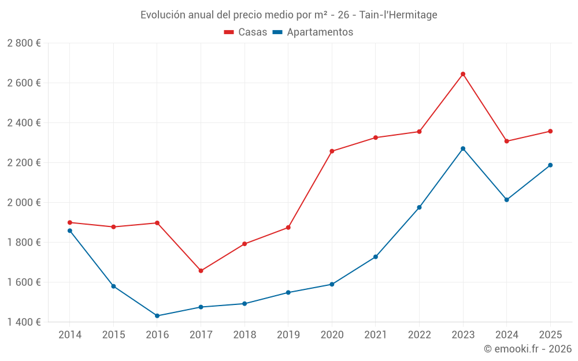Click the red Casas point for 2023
click(463, 74)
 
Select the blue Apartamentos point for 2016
click(157, 316)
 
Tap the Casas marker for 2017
click(201, 271)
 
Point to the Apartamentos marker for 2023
click(463, 148)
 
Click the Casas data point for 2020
click(332, 151)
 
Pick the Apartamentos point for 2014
click(70, 230)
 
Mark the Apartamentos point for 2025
click(550, 165)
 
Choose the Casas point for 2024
click(506, 141)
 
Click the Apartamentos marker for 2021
click(376, 257)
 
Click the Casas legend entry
click(246, 32)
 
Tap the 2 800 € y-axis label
click(24, 43)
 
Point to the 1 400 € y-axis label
click(24, 322)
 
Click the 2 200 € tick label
click(24, 163)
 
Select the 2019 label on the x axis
click(288, 334)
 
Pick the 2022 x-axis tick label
click(419, 334)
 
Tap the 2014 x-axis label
click(70, 334)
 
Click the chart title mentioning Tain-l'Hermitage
click(289, 14)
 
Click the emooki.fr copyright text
click(527, 349)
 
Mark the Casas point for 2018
click(244, 244)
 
